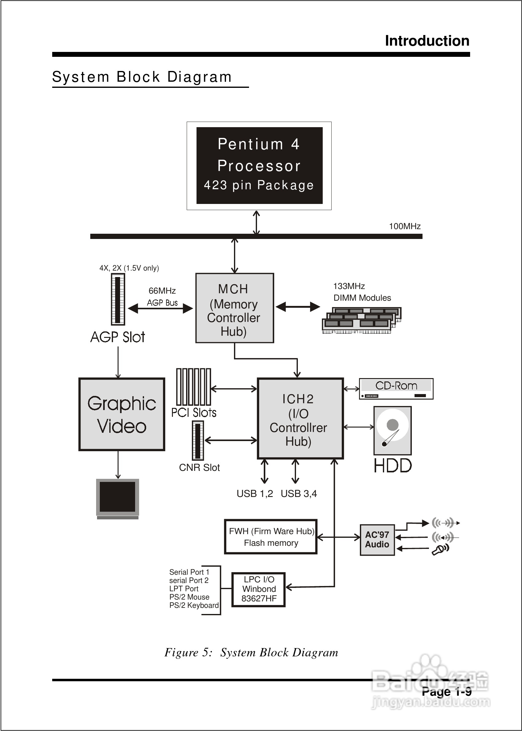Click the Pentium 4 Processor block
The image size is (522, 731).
259,165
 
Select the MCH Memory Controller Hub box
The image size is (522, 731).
235,308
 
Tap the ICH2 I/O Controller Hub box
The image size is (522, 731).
300,418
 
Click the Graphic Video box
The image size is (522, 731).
122,414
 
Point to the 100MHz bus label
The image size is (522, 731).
404,226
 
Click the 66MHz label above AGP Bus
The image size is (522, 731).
162,291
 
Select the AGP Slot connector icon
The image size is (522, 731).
118,299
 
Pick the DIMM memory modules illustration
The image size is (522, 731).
361,320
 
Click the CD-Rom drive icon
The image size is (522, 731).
396,389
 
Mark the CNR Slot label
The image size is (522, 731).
199,467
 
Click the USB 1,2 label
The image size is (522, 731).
255,494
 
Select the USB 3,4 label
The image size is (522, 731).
298,494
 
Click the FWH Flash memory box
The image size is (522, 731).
271,537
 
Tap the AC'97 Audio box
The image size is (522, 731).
377,539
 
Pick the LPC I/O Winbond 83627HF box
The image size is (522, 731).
259,589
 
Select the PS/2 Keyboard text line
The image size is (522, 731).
194,605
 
